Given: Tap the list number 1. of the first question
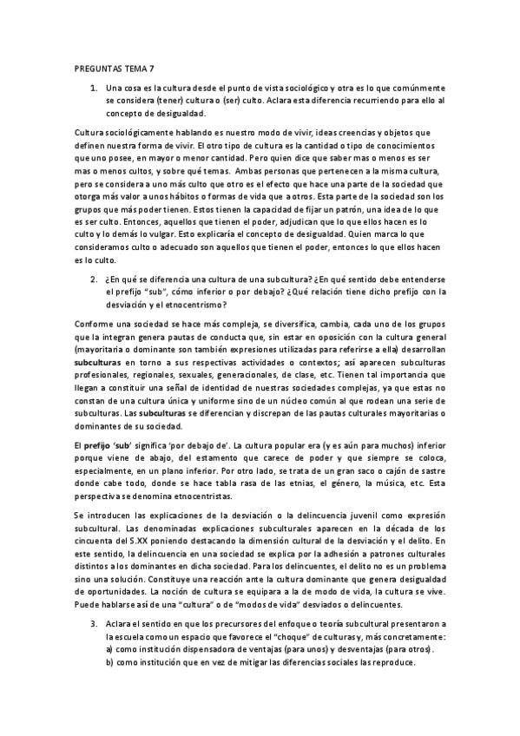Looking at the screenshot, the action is pyautogui.click(x=94, y=89).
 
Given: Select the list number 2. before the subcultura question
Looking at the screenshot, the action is pyautogui.click(x=94, y=279).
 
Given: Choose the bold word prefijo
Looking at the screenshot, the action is pyautogui.click(x=99, y=444).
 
